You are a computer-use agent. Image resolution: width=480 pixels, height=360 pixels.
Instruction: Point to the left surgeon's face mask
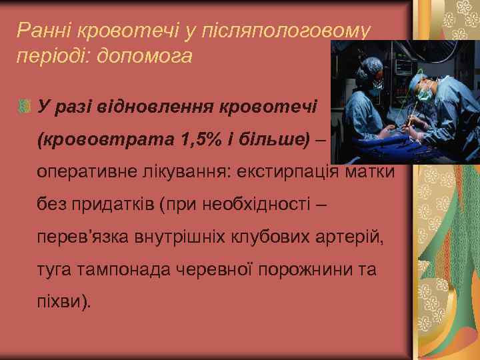point(378,87)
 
